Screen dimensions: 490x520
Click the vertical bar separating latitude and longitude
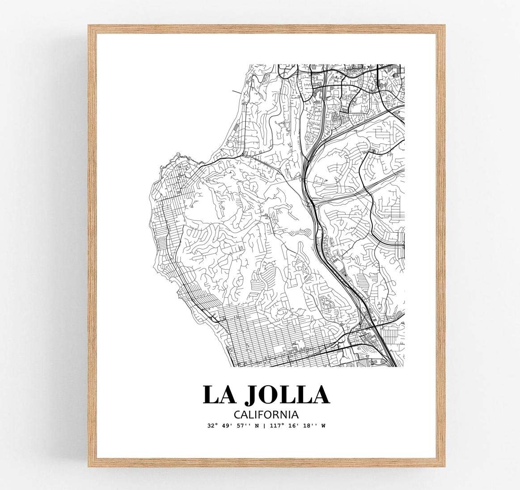click(264, 426)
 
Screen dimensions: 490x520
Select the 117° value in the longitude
click(277, 426)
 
